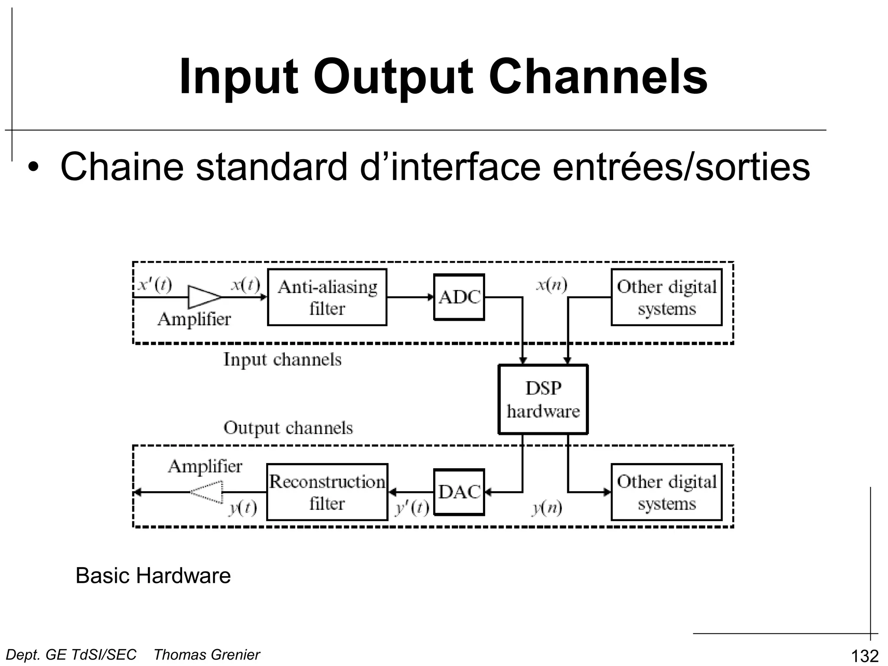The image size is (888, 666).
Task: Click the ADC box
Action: click(x=459, y=297)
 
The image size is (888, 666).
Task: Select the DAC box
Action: click(x=459, y=492)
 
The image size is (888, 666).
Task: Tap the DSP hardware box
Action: click(x=543, y=399)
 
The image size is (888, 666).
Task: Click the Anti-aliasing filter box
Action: click(x=327, y=297)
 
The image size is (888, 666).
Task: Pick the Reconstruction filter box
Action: click(x=327, y=492)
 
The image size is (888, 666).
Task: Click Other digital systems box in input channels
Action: click(x=666, y=297)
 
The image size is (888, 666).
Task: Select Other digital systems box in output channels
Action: click(x=666, y=492)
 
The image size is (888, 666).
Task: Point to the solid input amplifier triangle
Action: click(x=203, y=297)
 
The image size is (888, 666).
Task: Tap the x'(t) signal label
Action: click(x=155, y=285)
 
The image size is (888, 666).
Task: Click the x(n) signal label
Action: click(x=552, y=285)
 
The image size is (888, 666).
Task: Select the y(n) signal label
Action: click(x=547, y=508)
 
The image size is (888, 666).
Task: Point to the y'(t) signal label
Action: click(x=412, y=508)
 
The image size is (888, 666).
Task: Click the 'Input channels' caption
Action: click(x=282, y=359)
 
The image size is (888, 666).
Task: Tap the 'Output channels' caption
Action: click(x=288, y=428)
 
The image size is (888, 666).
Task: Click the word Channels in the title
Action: click(x=598, y=77)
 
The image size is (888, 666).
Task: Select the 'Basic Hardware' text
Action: click(x=153, y=575)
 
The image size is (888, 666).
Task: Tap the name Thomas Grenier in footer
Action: click(x=207, y=654)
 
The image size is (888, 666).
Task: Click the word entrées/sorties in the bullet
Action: click(x=681, y=167)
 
